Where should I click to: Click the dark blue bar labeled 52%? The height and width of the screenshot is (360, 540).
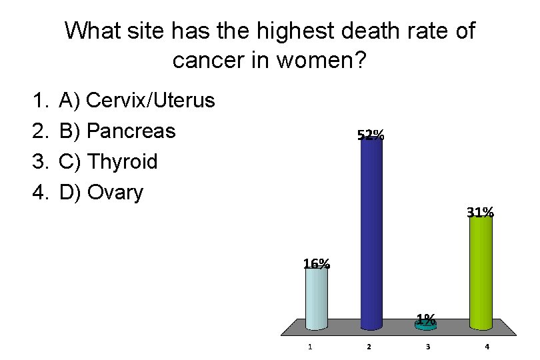371,233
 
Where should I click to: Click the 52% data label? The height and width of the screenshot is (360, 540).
371,135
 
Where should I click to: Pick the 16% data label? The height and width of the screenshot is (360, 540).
316,263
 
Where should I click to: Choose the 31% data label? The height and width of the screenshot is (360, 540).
480,213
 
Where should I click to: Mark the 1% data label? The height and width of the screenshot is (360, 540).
426,318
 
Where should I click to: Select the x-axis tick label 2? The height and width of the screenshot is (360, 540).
369,347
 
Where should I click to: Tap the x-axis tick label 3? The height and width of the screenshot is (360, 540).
428,347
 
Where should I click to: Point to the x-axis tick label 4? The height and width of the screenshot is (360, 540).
487,347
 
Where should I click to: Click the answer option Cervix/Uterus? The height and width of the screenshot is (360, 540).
151,101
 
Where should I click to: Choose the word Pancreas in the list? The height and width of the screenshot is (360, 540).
131,131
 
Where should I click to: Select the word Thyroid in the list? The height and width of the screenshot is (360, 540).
122,162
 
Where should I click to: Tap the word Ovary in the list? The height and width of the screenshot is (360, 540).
115,193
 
